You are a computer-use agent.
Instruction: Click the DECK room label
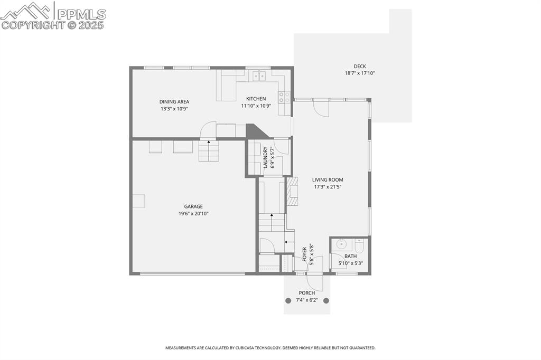[360, 67]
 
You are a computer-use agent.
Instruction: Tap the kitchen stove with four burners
[284, 97]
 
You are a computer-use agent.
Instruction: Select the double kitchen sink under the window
[259, 76]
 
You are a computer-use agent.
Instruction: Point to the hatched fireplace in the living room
[292, 191]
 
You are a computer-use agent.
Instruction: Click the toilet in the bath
[359, 245]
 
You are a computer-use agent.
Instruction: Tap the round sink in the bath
[341, 245]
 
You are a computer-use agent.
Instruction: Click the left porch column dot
[288, 300]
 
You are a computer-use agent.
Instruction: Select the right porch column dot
[326, 300]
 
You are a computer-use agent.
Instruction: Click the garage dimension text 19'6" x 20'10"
[193, 214]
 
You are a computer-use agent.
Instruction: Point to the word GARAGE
[193, 206]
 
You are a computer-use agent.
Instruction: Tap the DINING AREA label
[174, 102]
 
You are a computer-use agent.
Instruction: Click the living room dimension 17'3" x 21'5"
[327, 187]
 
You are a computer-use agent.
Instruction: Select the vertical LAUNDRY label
[266, 158]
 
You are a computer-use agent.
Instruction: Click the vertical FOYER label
[305, 254]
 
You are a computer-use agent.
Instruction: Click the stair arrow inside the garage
[208, 141]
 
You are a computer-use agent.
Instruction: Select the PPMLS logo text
[81, 14]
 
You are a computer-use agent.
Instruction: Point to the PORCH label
[306, 293]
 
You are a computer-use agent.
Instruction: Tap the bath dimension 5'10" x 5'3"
[350, 263]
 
